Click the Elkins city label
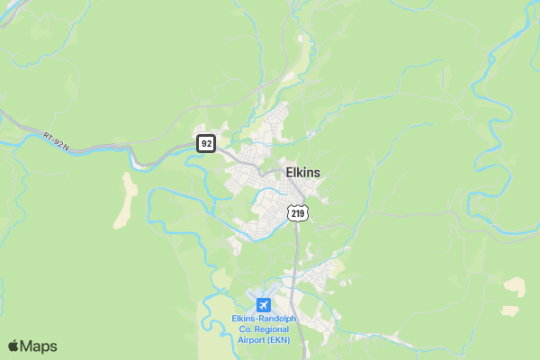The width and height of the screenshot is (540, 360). point(302,172)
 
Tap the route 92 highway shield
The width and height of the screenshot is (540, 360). point(206,143)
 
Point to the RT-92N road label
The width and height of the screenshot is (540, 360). point(56,140)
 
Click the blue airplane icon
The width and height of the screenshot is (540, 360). point(264,304)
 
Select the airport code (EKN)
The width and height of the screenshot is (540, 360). point(283,340)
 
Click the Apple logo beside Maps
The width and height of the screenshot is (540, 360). point(13,346)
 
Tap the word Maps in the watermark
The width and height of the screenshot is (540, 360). point(39,346)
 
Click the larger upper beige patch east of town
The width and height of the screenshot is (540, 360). point(515,286)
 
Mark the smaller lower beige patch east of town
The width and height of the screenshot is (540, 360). point(511,310)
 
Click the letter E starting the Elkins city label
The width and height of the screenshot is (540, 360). point(289,172)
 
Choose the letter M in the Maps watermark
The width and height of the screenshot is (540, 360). point(27,346)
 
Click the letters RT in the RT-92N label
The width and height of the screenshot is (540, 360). point(47,136)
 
